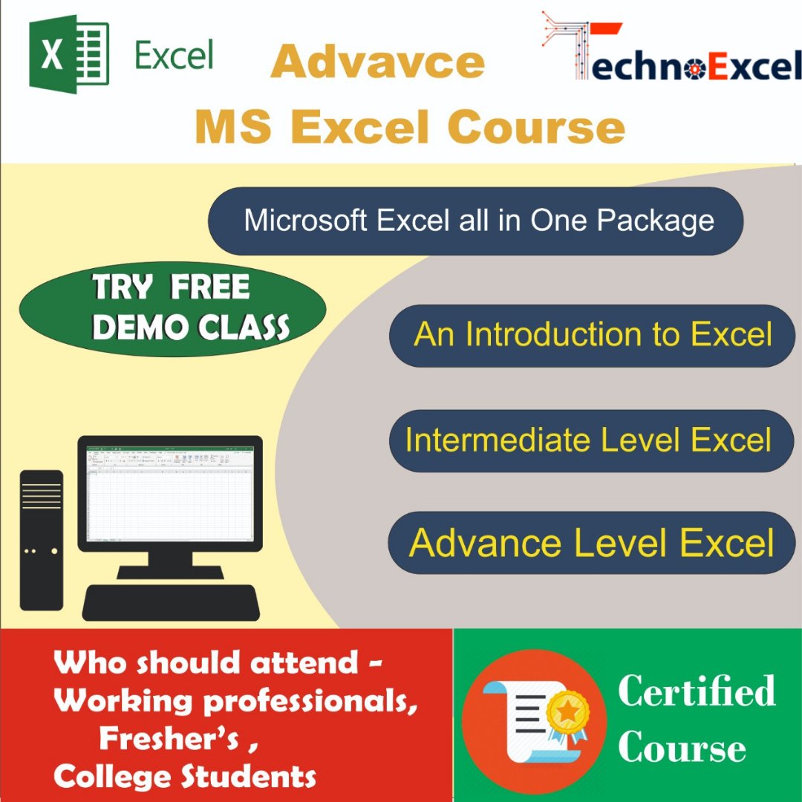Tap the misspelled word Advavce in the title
(x=378, y=62)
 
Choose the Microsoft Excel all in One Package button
(x=476, y=221)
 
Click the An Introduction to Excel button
(x=592, y=335)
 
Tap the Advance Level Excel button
(x=592, y=542)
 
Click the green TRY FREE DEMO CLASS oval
(x=172, y=308)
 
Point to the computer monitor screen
(x=170, y=493)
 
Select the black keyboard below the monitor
(x=171, y=601)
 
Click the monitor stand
(x=170, y=561)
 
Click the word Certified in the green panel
(x=697, y=692)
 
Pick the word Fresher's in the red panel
(x=169, y=739)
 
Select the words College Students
(x=185, y=777)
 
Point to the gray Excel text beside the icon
(x=175, y=55)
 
